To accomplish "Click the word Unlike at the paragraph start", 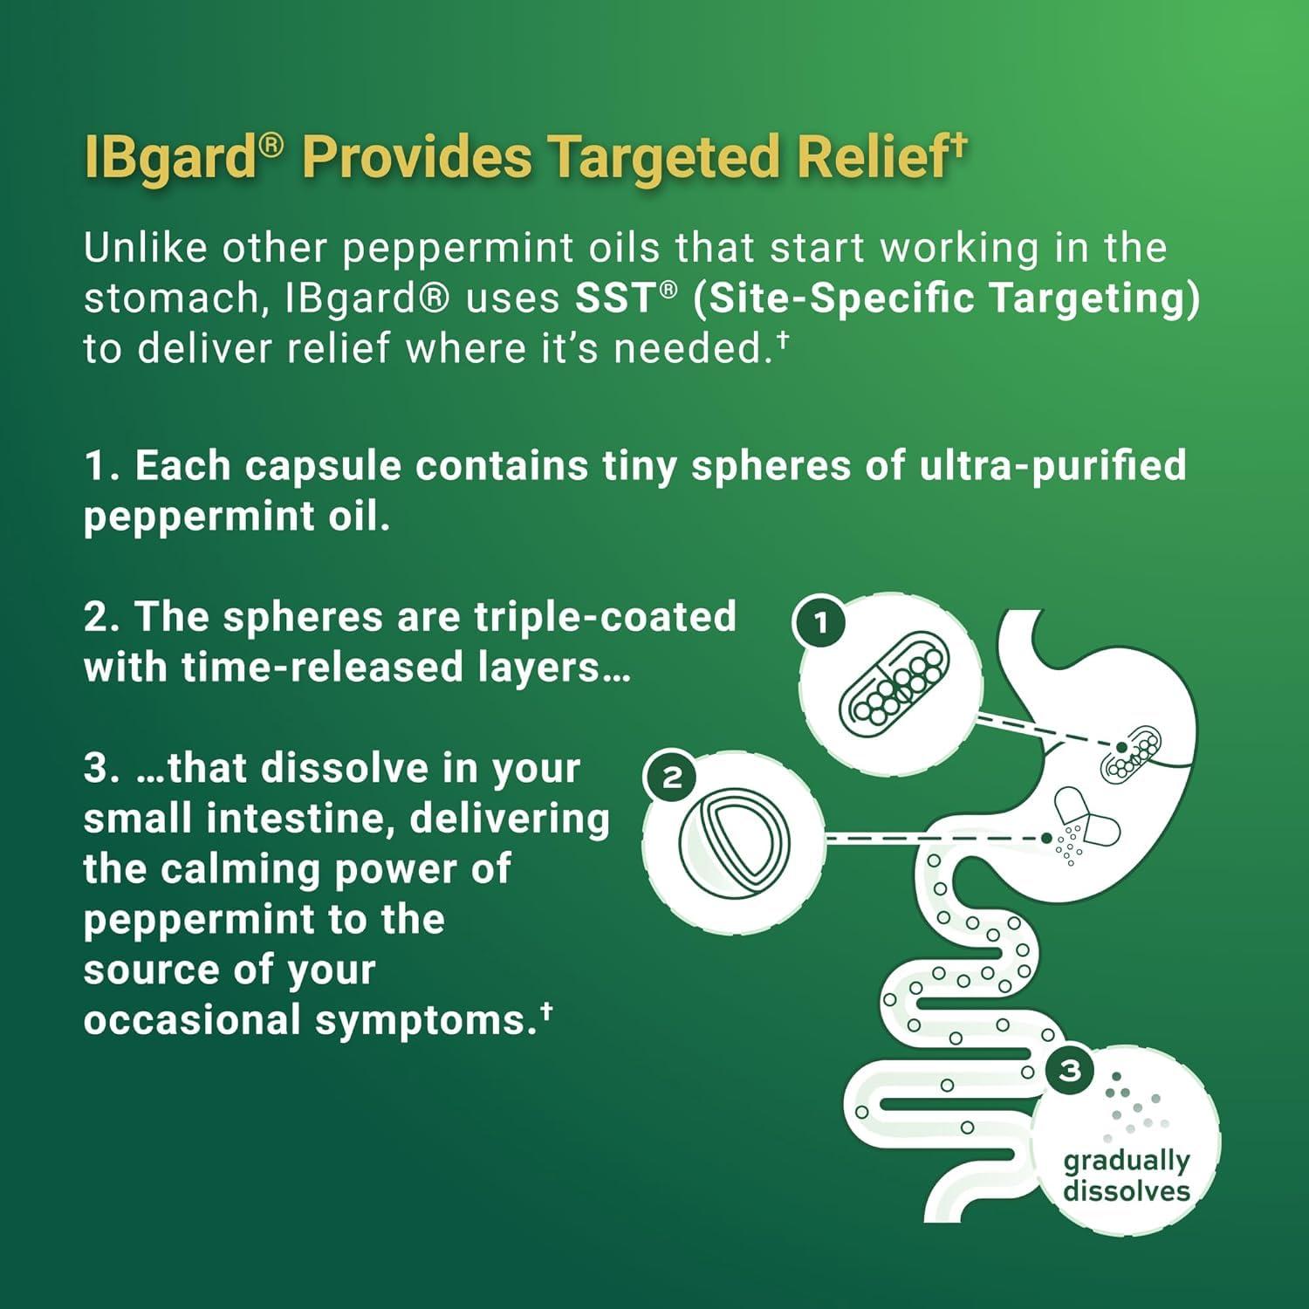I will [145, 248].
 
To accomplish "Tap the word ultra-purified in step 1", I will [1052, 466].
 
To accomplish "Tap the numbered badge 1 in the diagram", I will [820, 623].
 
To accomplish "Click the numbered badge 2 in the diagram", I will [671, 777].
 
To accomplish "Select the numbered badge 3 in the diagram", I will [1069, 1071].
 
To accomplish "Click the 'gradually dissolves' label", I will [1126, 1175].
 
